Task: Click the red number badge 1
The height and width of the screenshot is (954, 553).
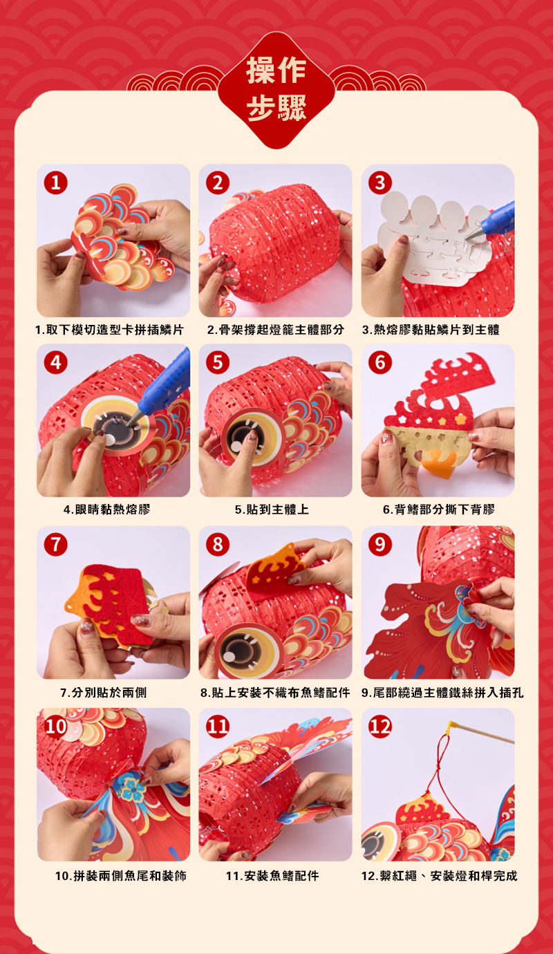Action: [56, 183]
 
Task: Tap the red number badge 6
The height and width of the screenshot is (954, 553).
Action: [380, 362]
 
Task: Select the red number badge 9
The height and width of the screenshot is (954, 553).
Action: [380, 544]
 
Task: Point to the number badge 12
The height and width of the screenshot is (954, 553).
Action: [380, 727]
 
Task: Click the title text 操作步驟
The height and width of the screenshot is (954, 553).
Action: [276, 88]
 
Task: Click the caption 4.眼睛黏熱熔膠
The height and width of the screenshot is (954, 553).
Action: [106, 509]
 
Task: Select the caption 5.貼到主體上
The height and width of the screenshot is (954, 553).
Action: [272, 509]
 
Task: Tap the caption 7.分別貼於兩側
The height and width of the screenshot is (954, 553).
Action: [104, 693]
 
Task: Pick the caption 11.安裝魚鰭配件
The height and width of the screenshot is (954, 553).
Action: [272, 876]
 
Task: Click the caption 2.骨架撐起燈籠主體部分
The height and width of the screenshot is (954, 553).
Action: [275, 330]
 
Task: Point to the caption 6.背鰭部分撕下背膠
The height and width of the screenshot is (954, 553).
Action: [438, 509]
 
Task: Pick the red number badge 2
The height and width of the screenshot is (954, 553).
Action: [218, 183]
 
